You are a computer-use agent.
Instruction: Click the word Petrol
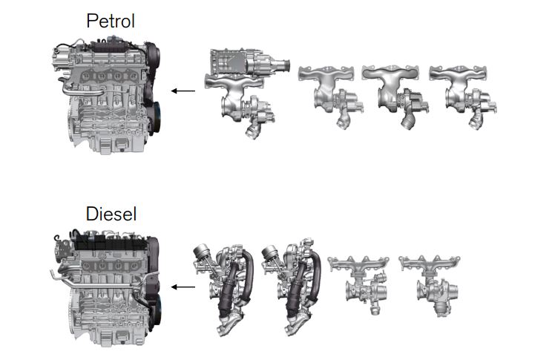(x=111, y=21)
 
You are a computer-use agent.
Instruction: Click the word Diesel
(x=111, y=214)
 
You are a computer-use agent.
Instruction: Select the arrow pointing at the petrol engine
(x=183, y=91)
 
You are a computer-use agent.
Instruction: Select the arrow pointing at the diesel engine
(x=183, y=287)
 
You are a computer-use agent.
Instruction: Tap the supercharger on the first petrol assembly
(x=249, y=62)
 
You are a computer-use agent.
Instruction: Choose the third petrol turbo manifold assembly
(x=394, y=95)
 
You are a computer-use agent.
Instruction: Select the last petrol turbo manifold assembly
(x=462, y=95)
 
